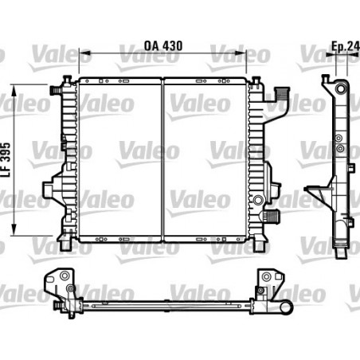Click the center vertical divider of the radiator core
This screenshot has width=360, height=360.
(x=163, y=159)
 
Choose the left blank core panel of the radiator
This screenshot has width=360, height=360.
(x=119, y=159)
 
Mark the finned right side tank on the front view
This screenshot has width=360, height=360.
(x=256, y=159)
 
